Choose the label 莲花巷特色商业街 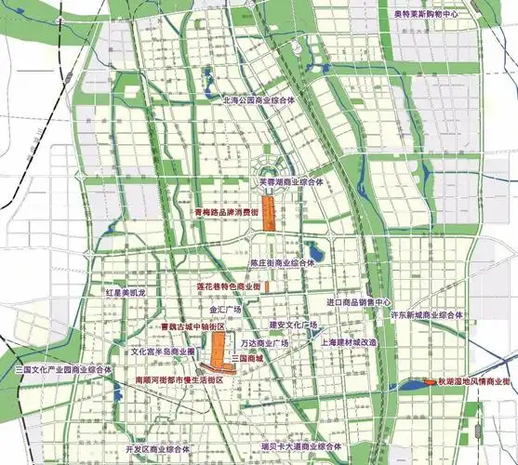pos(224,287)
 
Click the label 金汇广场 pos(225,309)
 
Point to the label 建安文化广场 pos(293,325)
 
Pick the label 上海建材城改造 pos(323,341)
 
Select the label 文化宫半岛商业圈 pos(163,353)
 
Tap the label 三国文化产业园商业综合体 pos(64,369)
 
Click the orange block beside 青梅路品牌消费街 pos(268,213)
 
